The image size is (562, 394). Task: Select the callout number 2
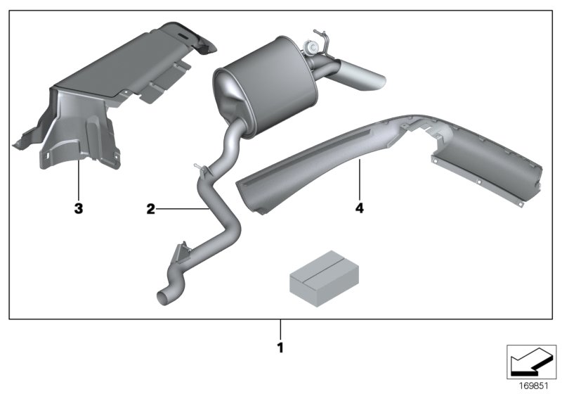(x=150, y=209)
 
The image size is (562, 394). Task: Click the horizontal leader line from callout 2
(x=181, y=209)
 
